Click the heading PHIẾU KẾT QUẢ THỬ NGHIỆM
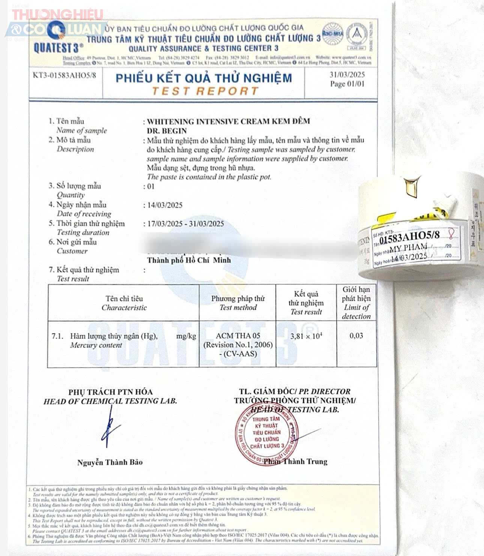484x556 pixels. [x=203, y=78]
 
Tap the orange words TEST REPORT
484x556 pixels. [x=205, y=91]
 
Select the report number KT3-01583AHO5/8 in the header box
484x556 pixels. [x=64, y=75]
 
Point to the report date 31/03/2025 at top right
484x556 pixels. [x=347, y=75]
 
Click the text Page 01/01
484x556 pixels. [x=347, y=84]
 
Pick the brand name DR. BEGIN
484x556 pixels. [x=167, y=131]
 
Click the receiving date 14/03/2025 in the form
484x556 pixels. [x=165, y=205]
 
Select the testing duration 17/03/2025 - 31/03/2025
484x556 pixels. [x=185, y=224]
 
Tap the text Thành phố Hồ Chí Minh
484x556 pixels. [x=189, y=260]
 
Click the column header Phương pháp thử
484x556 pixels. [x=238, y=299]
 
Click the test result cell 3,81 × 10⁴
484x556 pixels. [x=306, y=336]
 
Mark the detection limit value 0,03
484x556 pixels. [x=356, y=336]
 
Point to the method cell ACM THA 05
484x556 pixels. [x=238, y=336]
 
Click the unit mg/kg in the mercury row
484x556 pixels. [x=186, y=336]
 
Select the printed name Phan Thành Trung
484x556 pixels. [x=295, y=462]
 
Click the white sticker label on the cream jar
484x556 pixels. [x=416, y=247]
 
